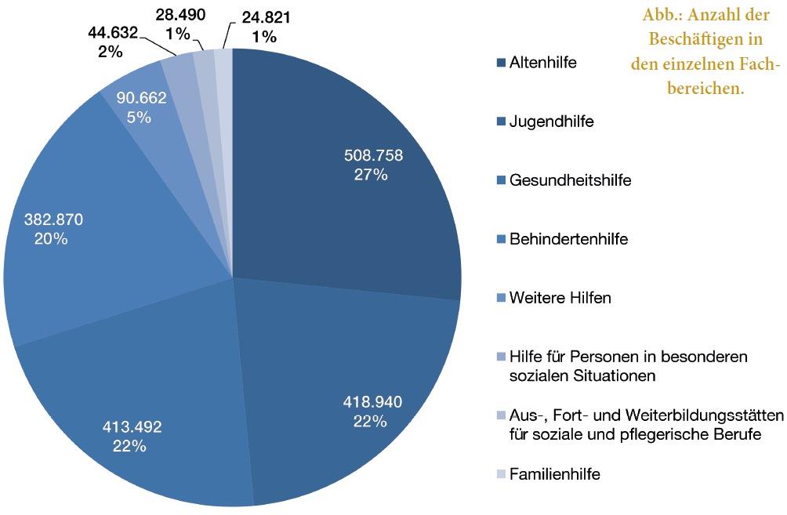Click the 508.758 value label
click(373, 156)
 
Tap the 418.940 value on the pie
click(373, 403)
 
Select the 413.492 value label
click(133, 428)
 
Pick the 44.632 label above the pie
click(112, 33)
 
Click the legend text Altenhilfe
click(542, 63)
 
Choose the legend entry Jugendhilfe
click(551, 121)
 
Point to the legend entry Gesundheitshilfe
click(570, 180)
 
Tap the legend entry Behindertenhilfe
click(568, 239)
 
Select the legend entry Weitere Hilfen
click(560, 298)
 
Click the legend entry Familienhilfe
click(555, 474)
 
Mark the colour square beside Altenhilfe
click(501, 63)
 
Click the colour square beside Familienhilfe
click(501, 474)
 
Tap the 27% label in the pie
click(371, 175)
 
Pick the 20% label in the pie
click(51, 239)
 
